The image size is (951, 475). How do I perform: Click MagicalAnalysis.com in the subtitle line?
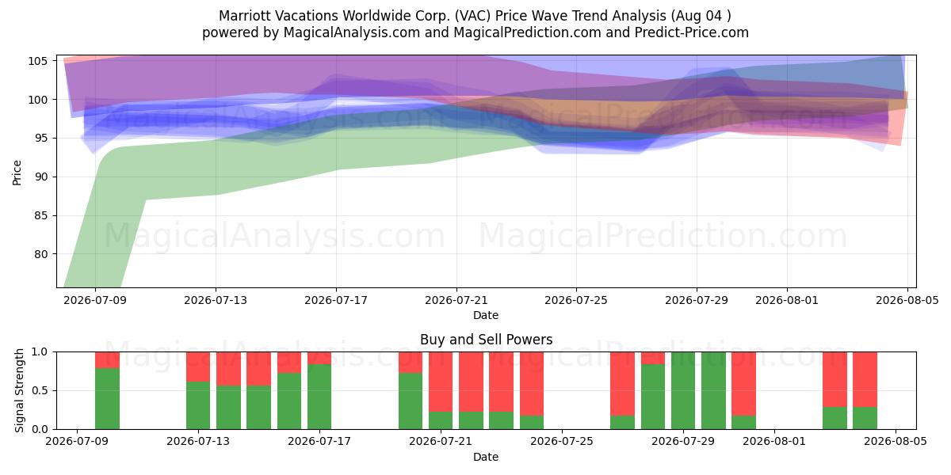(352, 32)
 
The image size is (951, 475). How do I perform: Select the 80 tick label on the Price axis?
(40, 254)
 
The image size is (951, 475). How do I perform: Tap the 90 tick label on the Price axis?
(40, 177)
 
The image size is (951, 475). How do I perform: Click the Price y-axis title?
(17, 173)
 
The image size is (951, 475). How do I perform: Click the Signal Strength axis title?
(19, 390)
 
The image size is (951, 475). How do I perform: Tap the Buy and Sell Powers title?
(486, 340)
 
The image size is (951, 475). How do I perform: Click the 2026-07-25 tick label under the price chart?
(576, 300)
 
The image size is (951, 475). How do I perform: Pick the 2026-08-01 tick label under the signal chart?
(774, 442)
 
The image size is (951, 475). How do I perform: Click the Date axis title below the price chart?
(486, 315)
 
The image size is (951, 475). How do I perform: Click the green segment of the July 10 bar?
(107, 399)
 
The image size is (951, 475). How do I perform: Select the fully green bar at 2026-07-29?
(683, 390)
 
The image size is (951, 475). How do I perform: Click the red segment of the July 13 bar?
(198, 367)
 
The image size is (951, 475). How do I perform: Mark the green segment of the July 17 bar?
(319, 397)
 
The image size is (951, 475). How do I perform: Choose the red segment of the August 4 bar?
(865, 379)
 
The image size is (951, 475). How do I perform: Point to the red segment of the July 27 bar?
(622, 384)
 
